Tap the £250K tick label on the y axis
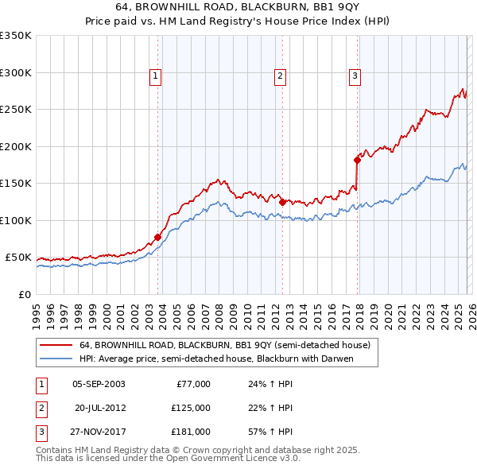pos(16,110)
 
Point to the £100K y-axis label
pos(16,220)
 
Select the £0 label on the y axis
pos(25,294)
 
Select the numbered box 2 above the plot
pos(281,76)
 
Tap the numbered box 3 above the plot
pos(354,76)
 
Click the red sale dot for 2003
pos(157,237)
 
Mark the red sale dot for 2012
pos(282,202)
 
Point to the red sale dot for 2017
pos(357,161)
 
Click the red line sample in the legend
pos(55,346)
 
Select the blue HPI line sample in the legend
pos(55,359)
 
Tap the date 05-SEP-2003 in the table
pos(99,384)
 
